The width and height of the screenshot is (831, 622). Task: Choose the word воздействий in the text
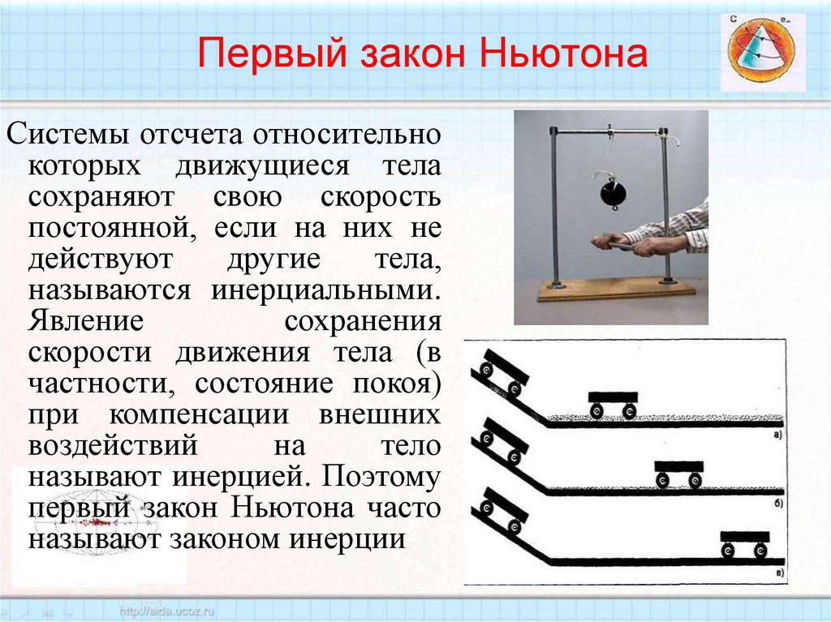click(x=114, y=446)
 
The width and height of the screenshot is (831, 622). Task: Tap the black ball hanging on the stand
click(x=611, y=195)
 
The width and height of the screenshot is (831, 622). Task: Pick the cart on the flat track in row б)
click(x=678, y=472)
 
